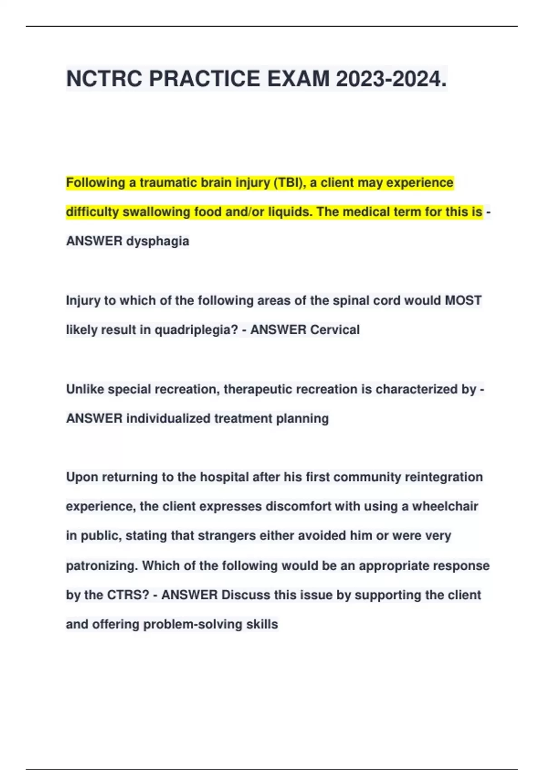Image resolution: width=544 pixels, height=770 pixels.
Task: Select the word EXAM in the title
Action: pos(298,79)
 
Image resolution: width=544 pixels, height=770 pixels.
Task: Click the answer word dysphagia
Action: pos(157,241)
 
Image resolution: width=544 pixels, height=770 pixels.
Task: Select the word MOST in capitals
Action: pos(463,300)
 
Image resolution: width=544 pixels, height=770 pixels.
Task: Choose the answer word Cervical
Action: pos(334,330)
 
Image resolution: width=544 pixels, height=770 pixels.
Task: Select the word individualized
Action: pos(168,419)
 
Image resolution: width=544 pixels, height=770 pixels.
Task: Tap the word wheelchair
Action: pos(445,506)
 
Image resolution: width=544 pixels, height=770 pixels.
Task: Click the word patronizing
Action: pos(102,566)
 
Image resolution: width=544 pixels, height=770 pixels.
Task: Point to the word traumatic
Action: pos(168,183)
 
